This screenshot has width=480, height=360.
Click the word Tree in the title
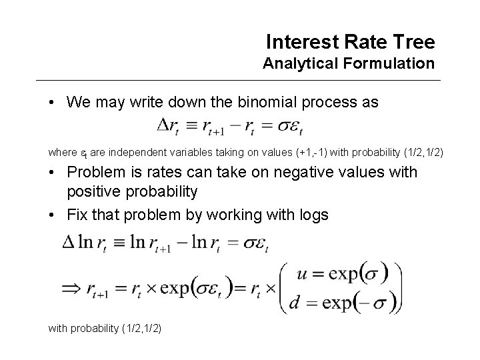point(413,43)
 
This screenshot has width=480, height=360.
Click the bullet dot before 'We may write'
point(51,103)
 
